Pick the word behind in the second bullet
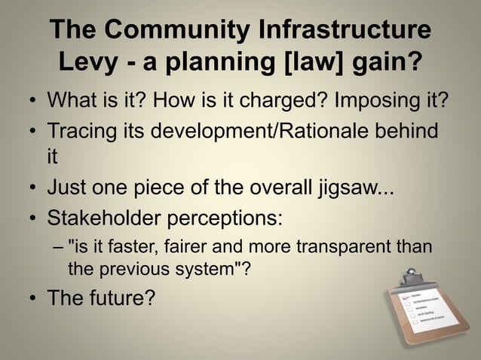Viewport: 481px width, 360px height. click(x=408, y=131)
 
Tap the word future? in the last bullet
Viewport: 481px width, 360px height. click(x=122, y=298)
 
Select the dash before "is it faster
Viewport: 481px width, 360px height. click(x=58, y=249)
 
